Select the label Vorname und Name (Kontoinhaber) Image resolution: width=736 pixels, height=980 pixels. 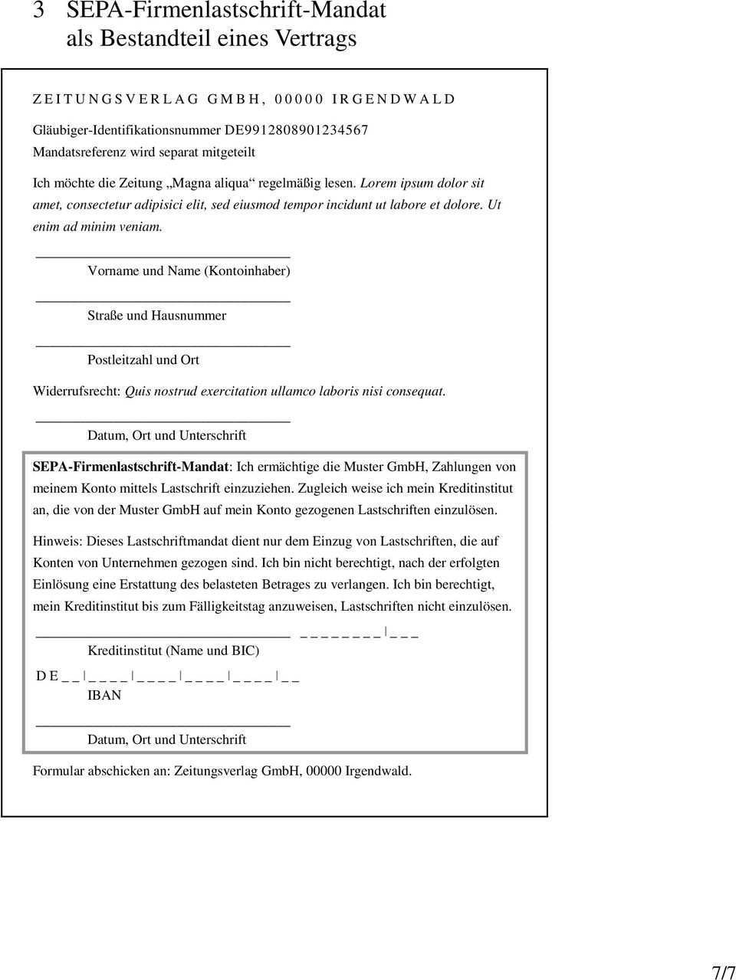pos(189,270)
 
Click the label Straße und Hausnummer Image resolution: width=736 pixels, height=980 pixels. pos(156,315)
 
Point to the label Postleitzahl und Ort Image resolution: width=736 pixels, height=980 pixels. pos(143,359)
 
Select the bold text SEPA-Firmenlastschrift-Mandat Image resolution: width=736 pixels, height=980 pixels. pos(131,467)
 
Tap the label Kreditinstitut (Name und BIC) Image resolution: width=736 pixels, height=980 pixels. pos(173,651)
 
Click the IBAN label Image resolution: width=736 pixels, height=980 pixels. pos(104,695)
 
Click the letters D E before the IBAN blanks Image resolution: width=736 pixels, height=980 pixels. pos(48,676)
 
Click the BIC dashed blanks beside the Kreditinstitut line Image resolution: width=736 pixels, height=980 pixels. pos(359,635)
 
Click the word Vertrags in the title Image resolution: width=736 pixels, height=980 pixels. pos(313,38)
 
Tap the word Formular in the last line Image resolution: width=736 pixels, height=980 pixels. pos(58,771)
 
